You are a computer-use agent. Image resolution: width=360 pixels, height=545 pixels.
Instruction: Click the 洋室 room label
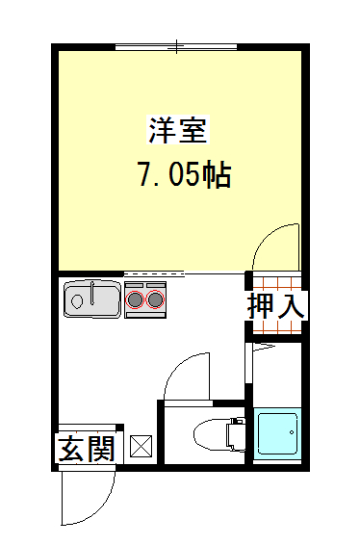178,131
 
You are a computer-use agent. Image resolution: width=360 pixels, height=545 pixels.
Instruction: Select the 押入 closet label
276,306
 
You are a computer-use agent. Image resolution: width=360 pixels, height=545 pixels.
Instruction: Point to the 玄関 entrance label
87,449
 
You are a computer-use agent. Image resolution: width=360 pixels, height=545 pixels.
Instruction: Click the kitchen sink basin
92,298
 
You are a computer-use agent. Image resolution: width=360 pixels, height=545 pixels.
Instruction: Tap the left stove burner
135,299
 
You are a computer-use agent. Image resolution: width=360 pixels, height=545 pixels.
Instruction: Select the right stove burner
155,299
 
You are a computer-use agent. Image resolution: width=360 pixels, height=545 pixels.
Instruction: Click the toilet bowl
211,435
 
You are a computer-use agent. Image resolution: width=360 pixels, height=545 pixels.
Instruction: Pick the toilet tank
236,434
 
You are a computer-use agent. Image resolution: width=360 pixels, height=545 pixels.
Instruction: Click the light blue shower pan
277,433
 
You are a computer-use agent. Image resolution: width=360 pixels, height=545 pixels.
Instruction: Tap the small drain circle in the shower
292,432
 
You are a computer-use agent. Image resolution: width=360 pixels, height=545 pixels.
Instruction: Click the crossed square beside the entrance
141,446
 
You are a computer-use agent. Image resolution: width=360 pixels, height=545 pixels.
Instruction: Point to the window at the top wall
176,47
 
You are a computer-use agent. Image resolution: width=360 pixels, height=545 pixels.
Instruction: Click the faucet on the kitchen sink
92,294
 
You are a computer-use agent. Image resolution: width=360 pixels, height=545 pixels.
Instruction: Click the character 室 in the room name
193,131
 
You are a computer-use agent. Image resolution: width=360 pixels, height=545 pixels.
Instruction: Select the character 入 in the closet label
292,306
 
